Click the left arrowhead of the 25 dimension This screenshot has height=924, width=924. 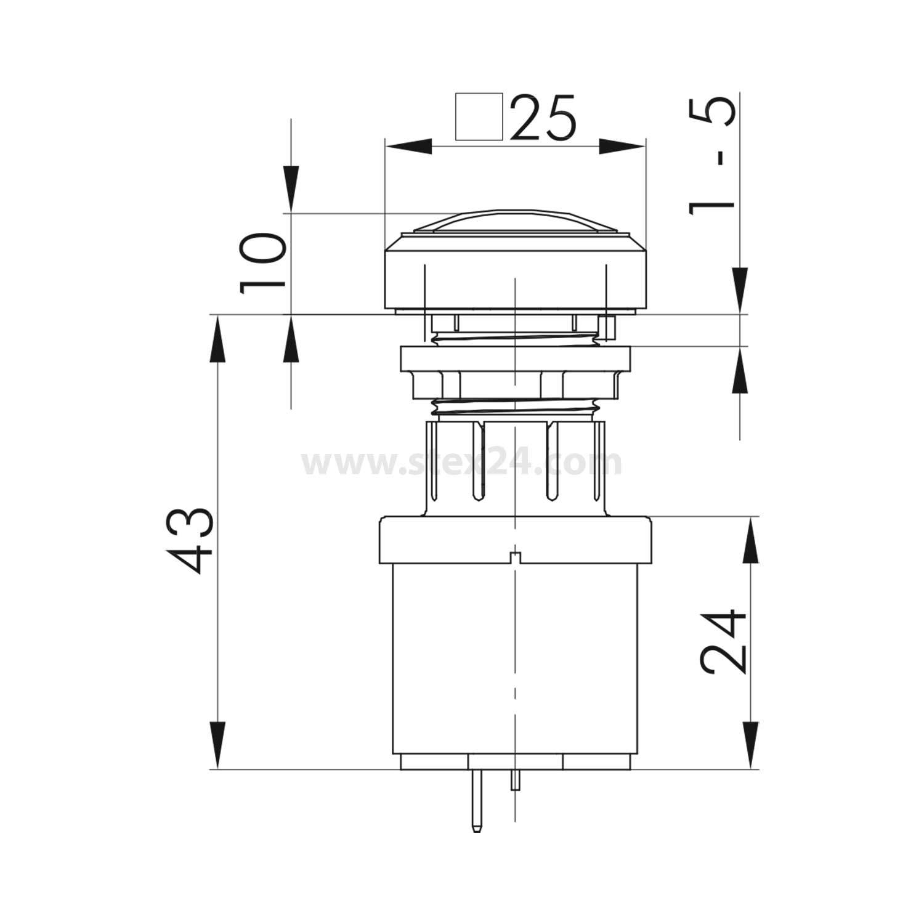407,147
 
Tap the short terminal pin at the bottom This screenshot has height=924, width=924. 515,780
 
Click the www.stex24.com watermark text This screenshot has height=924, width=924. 462,463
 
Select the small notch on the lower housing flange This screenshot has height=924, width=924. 515,558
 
